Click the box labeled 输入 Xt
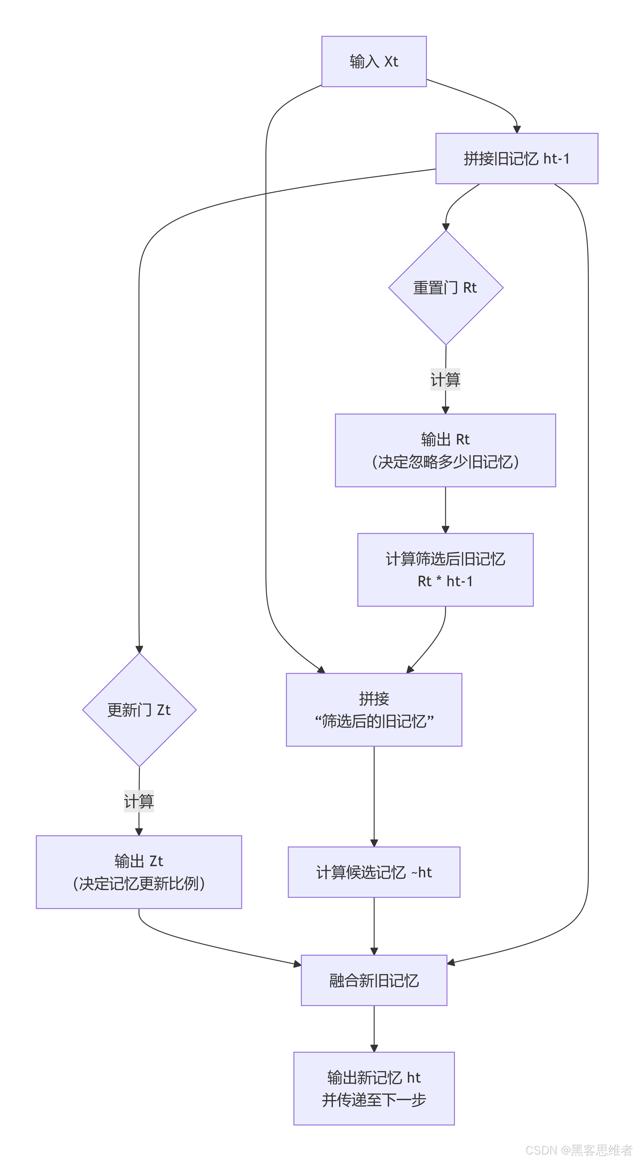[x=374, y=61]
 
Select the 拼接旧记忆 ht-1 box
[x=516, y=158]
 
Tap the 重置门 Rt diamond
[x=445, y=288]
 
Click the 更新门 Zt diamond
[x=139, y=709]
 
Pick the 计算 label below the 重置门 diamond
[x=445, y=379]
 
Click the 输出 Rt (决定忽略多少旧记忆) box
[x=445, y=450]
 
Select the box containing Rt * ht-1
[x=445, y=570]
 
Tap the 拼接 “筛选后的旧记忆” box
[x=374, y=709]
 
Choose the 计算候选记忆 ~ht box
[x=374, y=872]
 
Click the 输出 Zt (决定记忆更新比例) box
[x=139, y=872]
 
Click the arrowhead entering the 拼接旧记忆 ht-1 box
[x=517, y=129]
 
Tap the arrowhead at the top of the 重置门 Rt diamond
[x=445, y=227]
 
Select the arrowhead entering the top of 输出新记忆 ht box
[x=374, y=1048]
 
